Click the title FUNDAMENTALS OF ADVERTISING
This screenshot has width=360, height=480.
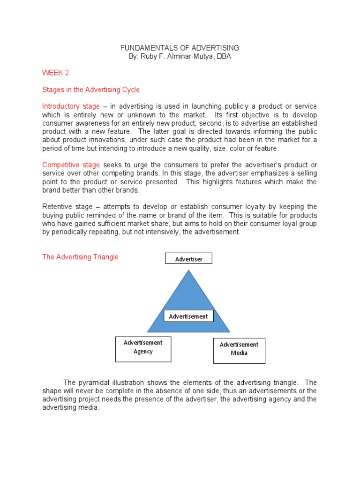(x=180, y=48)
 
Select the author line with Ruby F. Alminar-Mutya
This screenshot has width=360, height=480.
(x=180, y=56)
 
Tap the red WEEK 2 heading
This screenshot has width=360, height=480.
(x=56, y=73)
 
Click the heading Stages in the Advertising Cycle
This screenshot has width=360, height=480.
(x=91, y=89)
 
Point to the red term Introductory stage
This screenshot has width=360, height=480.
(x=71, y=106)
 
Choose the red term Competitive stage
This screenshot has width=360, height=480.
(x=71, y=165)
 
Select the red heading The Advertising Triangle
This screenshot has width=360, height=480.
(x=80, y=257)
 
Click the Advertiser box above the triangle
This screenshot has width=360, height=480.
(x=188, y=259)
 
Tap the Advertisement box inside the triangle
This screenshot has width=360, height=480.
(x=188, y=316)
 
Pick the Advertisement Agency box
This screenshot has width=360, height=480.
(x=143, y=347)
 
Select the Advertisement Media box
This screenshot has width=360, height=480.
(x=239, y=349)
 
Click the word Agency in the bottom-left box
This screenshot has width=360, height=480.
(x=143, y=352)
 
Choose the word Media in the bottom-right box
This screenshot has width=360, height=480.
(x=239, y=353)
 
